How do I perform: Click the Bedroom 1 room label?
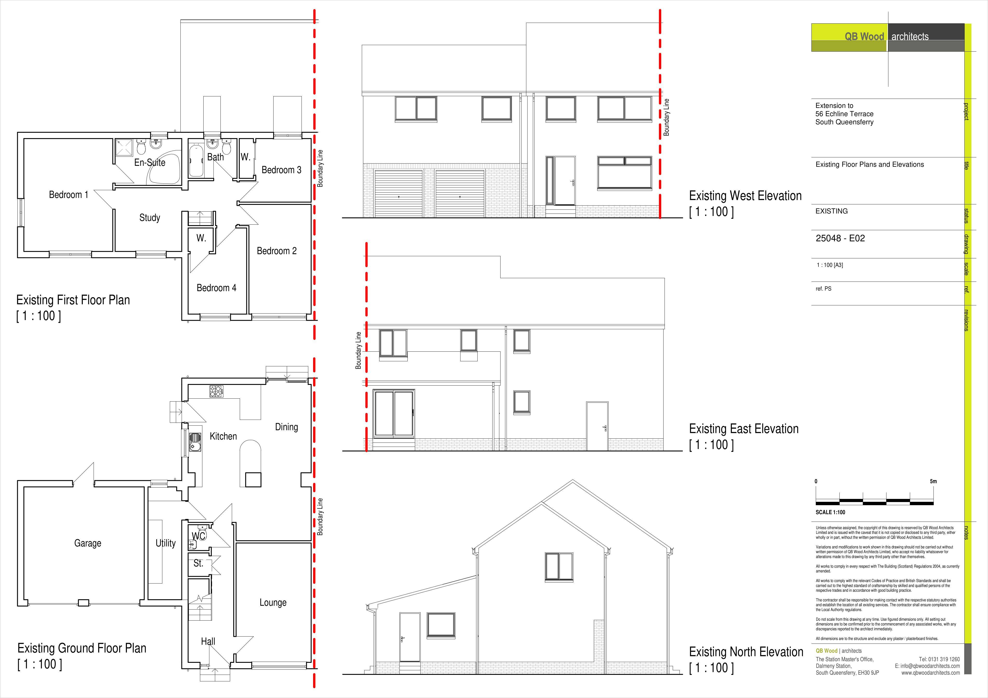click(x=69, y=195)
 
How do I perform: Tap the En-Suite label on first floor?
click(x=150, y=162)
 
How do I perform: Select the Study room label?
click(x=150, y=218)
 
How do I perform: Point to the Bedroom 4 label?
click(x=216, y=288)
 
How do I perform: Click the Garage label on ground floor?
click(x=88, y=543)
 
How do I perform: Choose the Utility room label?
click(x=166, y=543)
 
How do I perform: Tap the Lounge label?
click(x=273, y=603)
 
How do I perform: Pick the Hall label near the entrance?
click(x=208, y=641)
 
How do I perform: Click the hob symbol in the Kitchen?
click(x=216, y=391)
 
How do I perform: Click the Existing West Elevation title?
click(x=745, y=196)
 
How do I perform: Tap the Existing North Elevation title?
click(x=746, y=652)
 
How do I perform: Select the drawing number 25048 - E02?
click(x=840, y=238)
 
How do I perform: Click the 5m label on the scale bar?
click(x=933, y=481)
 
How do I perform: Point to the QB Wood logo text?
click(x=864, y=37)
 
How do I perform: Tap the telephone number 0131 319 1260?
click(x=945, y=659)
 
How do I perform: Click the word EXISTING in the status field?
click(x=831, y=211)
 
